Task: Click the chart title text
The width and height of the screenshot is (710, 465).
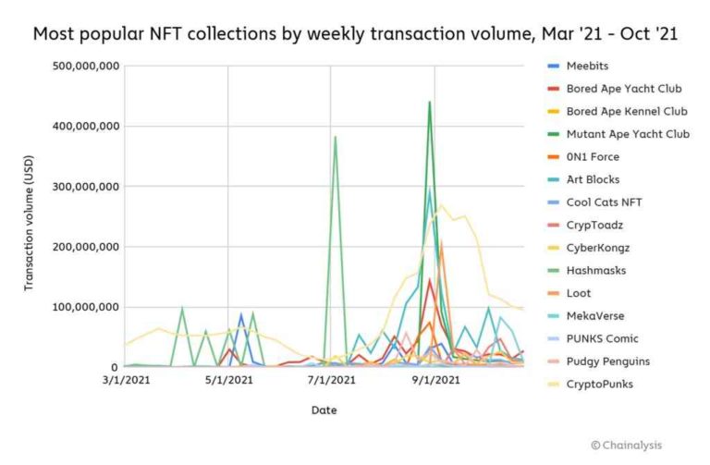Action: click(354, 34)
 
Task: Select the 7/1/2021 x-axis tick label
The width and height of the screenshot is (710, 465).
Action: click(331, 379)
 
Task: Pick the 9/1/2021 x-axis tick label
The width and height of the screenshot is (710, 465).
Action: click(434, 379)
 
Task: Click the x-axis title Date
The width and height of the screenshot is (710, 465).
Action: click(324, 409)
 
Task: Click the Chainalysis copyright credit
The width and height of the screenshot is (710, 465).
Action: click(627, 444)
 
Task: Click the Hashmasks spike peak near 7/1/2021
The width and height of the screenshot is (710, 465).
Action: click(335, 137)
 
